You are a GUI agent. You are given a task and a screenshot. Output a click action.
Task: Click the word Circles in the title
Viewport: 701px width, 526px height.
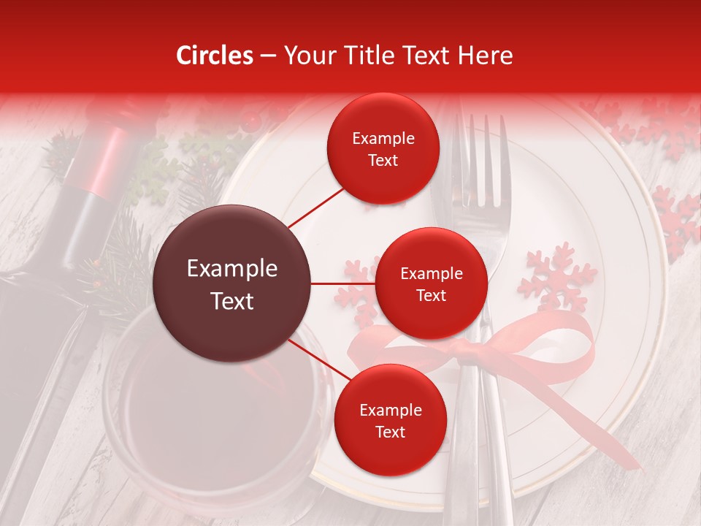click(x=214, y=56)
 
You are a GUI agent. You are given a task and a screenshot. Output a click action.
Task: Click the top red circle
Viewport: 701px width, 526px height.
click(x=383, y=149)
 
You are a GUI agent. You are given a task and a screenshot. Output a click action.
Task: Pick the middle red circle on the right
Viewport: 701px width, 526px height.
click(x=431, y=283)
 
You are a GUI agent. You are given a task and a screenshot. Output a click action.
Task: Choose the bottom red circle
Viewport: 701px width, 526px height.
click(x=390, y=420)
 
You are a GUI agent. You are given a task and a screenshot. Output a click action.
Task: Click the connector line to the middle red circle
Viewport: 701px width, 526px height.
click(x=343, y=283)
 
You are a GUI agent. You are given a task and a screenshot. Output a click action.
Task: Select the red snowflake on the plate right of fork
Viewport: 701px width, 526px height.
click(x=556, y=278)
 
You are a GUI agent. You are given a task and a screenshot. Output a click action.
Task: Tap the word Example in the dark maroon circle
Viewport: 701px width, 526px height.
click(x=232, y=269)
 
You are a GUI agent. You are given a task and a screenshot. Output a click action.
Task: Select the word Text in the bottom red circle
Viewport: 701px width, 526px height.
click(x=390, y=432)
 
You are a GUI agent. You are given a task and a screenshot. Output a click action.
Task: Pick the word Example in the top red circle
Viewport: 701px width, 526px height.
click(x=383, y=139)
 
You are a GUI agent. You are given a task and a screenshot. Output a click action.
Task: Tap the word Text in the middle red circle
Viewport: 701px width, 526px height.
click(x=431, y=295)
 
